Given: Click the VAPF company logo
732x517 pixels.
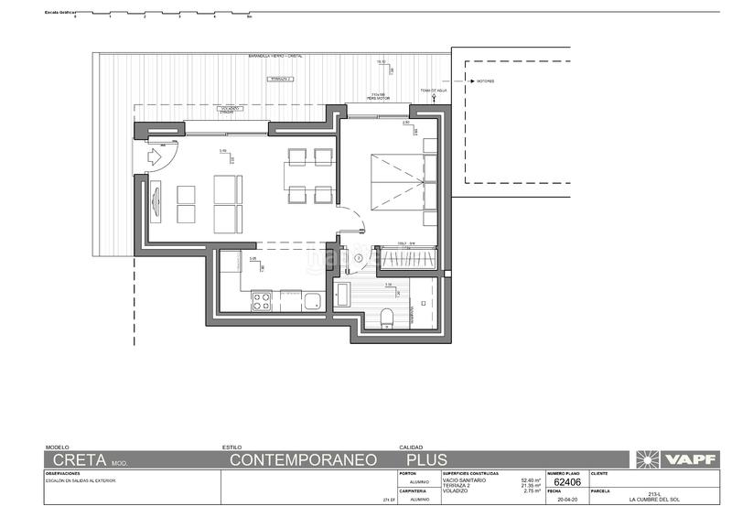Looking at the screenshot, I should pos(674,459).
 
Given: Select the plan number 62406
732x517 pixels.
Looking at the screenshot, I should pos(568,481).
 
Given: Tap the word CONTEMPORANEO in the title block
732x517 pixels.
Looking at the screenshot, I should pos(304,459).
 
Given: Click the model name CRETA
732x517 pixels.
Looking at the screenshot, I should pos(80,459).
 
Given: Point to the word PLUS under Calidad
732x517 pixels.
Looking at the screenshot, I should pos(427,459).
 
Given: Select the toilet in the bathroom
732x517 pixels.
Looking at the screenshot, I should pos(386,317).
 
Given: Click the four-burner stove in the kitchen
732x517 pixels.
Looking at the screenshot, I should pos(261,299).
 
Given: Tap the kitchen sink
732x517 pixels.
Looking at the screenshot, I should pos(311,299).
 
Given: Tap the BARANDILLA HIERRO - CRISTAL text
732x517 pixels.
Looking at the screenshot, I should pos(274,57).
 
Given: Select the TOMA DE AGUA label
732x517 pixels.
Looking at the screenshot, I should pos(433,91).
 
